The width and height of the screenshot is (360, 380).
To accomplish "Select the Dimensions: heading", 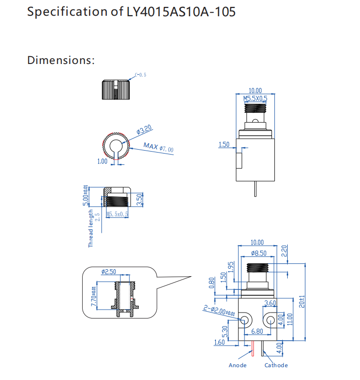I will point(60,61).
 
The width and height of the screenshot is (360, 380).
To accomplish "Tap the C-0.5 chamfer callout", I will point(141,75).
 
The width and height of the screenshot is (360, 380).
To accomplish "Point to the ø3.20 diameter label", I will point(144,130).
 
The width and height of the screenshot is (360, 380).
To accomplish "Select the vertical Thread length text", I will point(90,228).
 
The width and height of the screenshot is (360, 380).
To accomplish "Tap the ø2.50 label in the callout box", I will point(108,272).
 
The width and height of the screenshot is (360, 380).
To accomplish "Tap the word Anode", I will point(238,365).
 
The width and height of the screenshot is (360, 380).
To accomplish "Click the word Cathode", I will point(276,365).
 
